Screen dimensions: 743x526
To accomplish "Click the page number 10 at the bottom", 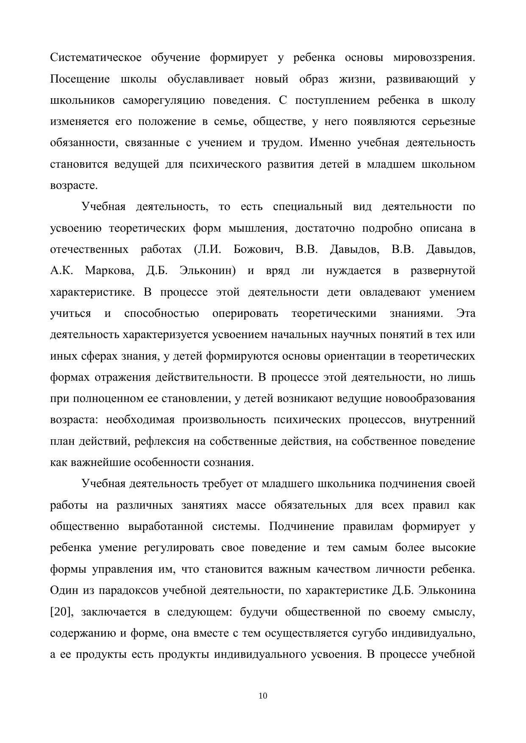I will (263, 696).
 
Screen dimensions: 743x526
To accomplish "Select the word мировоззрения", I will (434, 58).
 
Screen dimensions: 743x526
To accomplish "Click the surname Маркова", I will (109, 271).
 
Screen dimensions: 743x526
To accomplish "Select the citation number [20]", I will (62, 612).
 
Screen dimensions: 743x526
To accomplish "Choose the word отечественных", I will (89, 250).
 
